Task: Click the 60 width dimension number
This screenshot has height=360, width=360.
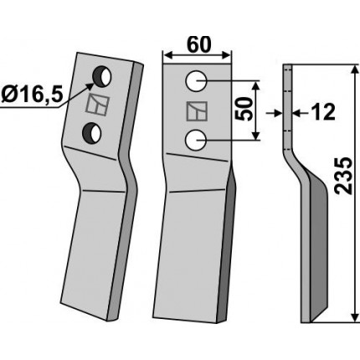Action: point(199,44)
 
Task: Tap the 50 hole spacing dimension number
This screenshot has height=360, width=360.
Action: point(242,109)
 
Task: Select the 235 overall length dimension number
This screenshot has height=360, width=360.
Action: point(343,176)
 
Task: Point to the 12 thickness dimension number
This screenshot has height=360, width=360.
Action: point(323,112)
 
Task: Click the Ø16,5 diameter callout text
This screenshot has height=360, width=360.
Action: point(32,95)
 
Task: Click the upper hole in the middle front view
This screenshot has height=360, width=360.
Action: point(196,80)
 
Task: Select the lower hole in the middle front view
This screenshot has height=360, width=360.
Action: point(196,140)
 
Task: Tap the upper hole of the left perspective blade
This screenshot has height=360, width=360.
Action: point(102,76)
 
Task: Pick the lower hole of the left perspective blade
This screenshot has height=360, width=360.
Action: point(92,133)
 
